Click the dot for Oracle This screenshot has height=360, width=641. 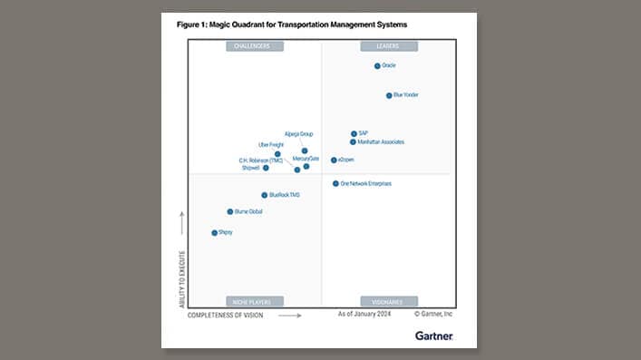377,66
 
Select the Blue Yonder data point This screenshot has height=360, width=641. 389,95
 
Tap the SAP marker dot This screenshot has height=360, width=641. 354,133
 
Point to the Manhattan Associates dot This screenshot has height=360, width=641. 354,142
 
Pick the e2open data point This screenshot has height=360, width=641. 334,160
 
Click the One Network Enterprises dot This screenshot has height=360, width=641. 335,183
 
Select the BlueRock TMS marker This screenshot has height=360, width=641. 265,195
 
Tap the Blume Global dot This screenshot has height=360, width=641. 230,211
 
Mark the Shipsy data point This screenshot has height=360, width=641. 215,233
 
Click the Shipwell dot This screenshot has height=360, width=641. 266,168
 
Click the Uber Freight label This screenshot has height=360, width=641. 271,144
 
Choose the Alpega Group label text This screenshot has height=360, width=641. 298,133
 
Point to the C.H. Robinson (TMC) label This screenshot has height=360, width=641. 261,160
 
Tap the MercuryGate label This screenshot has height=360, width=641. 306,159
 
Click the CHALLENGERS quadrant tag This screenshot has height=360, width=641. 254,46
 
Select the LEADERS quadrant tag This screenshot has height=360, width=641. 382,46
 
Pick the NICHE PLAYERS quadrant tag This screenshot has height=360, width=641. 254,301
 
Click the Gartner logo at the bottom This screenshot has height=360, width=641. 433,336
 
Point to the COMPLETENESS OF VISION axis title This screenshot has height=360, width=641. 226,316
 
